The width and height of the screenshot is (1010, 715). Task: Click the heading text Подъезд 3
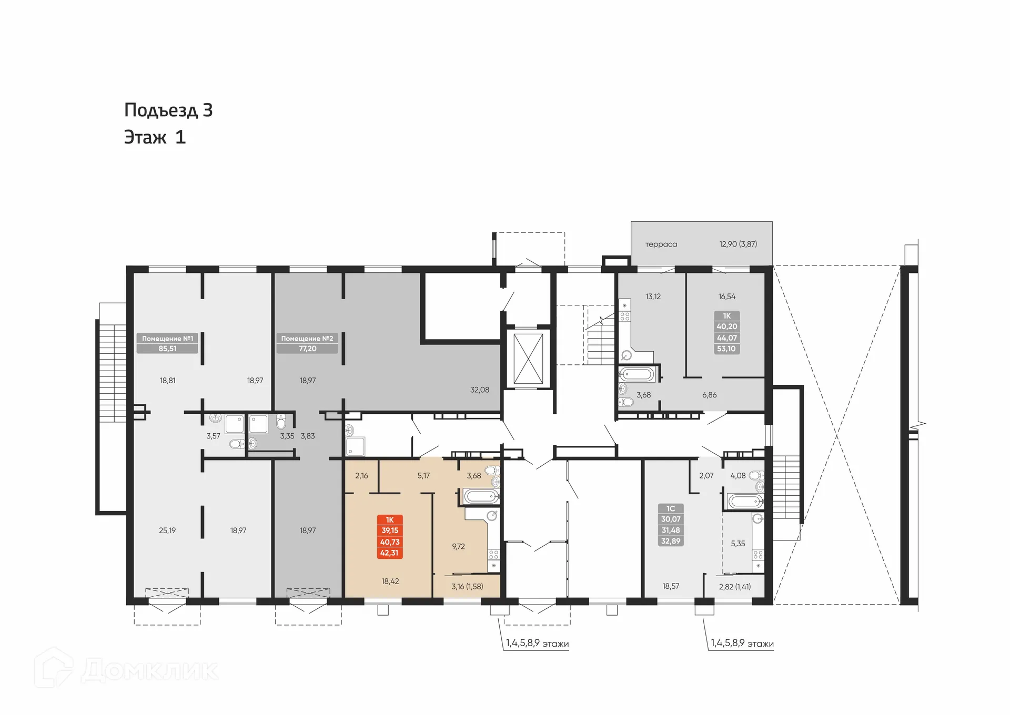(x=168, y=110)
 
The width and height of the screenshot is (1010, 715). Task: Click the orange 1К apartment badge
(x=390, y=536)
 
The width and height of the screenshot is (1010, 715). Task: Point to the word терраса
(x=661, y=244)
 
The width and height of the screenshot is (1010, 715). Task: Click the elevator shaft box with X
(x=528, y=359)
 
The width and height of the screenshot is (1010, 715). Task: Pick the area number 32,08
(x=479, y=390)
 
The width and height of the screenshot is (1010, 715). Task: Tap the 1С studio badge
(x=671, y=525)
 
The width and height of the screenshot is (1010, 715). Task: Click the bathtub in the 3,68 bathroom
(x=480, y=496)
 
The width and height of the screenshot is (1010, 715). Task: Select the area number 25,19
(x=167, y=530)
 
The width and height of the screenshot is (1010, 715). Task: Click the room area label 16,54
(x=726, y=297)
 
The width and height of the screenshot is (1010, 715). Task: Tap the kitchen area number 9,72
(x=458, y=547)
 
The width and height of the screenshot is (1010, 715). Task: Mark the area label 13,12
(x=653, y=297)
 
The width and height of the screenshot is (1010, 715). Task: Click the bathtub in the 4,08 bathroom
(x=745, y=501)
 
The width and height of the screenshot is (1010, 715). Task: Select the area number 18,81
(x=167, y=381)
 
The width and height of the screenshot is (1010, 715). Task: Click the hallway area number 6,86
(x=709, y=395)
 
